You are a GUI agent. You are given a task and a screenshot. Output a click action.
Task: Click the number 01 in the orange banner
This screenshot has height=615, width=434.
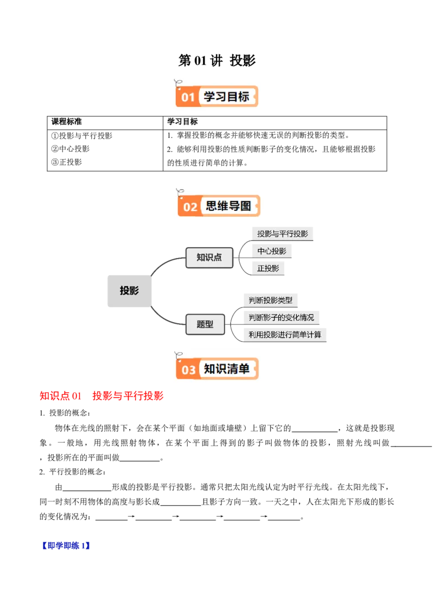[188, 98]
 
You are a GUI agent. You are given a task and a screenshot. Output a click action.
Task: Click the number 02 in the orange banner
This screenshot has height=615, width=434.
[190, 207]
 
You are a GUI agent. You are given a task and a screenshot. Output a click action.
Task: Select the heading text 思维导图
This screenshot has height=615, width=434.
[229, 206]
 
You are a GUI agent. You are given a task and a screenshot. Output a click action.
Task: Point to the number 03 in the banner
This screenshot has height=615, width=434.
[188, 370]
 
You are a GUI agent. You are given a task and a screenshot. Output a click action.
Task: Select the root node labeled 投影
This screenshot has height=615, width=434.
[129, 291]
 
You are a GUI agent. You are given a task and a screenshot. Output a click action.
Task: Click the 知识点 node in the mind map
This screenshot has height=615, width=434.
[209, 258]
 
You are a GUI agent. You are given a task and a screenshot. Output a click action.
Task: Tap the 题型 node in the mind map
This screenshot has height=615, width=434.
[205, 324]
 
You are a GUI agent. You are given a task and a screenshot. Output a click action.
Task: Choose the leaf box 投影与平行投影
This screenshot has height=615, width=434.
[283, 234]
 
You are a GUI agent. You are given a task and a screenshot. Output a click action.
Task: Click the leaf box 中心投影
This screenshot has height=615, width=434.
[272, 252]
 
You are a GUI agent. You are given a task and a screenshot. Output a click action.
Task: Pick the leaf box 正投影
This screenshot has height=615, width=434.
[268, 268]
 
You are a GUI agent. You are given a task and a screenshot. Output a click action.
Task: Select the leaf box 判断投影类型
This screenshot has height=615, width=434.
[270, 300]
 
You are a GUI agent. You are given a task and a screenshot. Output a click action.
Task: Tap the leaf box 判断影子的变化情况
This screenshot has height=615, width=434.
[281, 317]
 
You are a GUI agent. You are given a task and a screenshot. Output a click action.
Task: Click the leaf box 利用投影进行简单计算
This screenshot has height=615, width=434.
[285, 335]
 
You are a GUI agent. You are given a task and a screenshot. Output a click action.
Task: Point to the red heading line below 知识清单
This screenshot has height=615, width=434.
[101, 397]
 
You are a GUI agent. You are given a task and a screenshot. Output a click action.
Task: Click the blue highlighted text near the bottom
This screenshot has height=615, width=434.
[65, 545]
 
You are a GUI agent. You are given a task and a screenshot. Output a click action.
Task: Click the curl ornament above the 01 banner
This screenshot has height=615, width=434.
[177, 83]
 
